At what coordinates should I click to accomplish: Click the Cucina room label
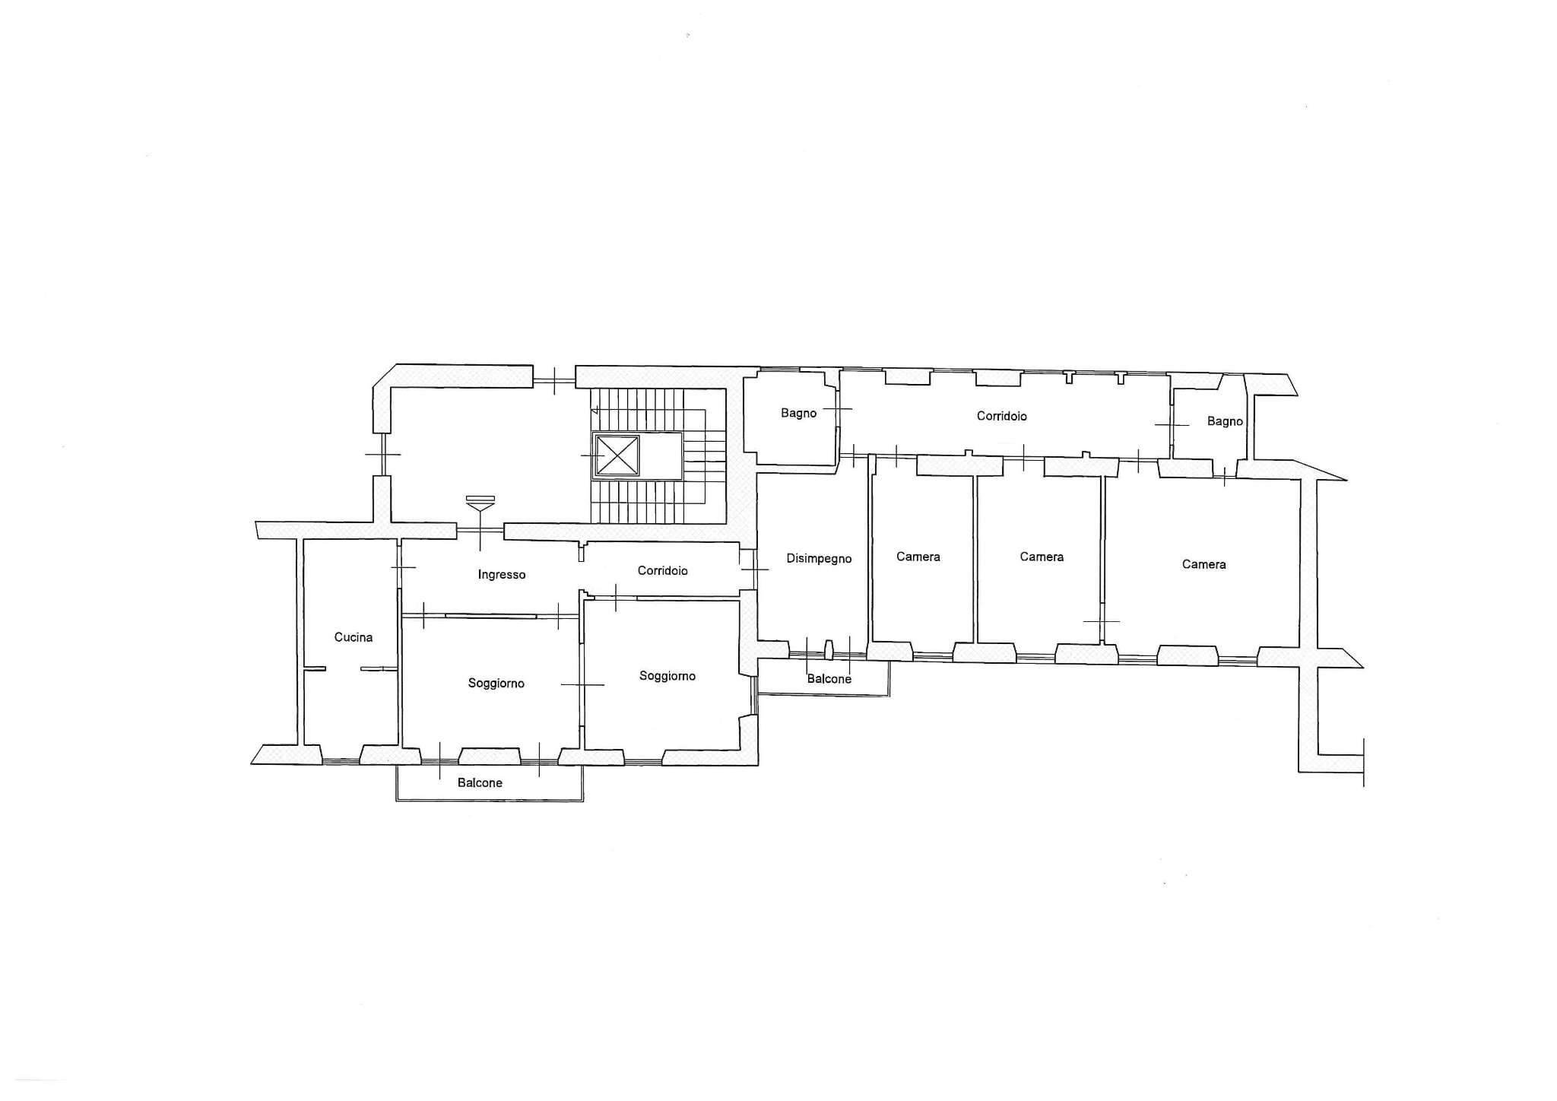coord(354,637)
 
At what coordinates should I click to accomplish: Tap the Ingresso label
coord(502,575)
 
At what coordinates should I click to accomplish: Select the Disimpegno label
coord(819,559)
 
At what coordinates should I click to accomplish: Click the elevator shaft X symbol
coord(617,455)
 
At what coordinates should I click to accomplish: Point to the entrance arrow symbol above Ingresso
coord(480,503)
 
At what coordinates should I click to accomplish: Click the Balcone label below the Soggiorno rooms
coord(480,782)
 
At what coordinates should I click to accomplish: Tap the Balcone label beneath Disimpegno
coord(829,679)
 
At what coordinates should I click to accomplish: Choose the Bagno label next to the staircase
coord(798,414)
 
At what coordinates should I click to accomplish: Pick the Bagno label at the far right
coord(1225,421)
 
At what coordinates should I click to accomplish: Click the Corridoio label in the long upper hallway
coord(1002,416)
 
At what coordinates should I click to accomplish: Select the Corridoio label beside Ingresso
coord(663,570)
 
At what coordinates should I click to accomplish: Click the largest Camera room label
coord(1204,564)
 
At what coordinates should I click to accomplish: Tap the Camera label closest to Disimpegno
coord(918,557)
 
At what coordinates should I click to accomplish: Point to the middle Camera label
coord(1042,557)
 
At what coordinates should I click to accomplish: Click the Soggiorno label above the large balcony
coord(496,684)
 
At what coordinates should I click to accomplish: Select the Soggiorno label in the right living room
coord(668,676)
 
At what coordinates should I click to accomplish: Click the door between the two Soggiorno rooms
coord(582,685)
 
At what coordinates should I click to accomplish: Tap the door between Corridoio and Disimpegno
coord(755,569)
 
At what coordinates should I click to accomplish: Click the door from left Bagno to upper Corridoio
coord(838,409)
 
